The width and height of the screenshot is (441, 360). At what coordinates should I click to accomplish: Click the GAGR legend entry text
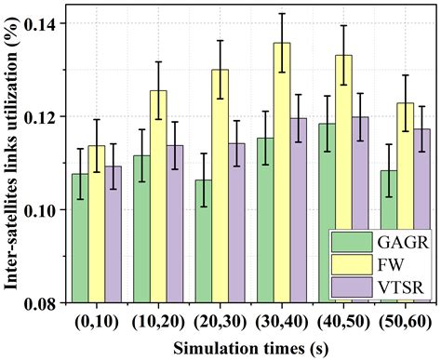(397, 244)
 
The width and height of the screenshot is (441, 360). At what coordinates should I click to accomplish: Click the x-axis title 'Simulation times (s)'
(244, 346)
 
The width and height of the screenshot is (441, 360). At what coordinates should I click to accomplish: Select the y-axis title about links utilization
(12, 153)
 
